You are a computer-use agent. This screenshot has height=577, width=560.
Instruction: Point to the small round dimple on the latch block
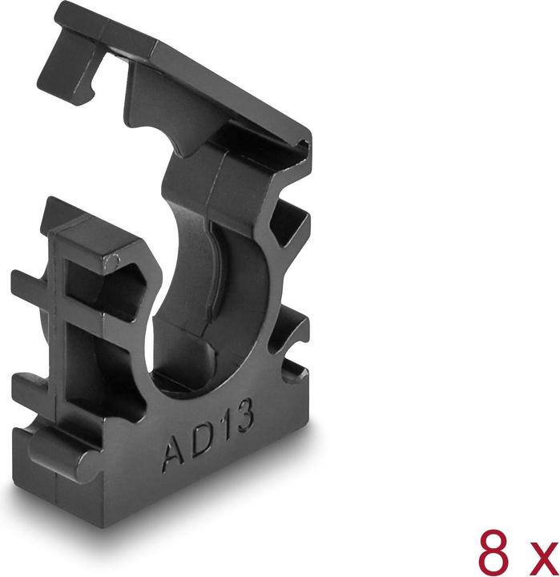[116, 261]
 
